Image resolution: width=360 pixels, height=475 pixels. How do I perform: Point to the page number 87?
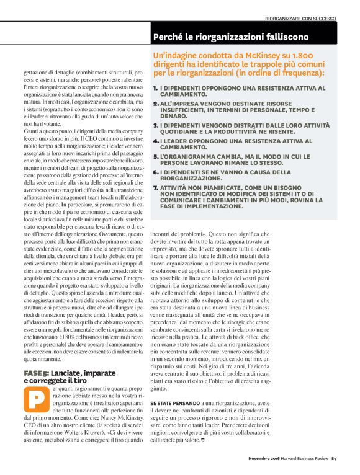pos(333,459)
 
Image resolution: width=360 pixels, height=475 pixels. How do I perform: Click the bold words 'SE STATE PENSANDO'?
pos(172,403)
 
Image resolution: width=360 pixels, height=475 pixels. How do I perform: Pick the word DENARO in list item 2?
pos(171,115)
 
